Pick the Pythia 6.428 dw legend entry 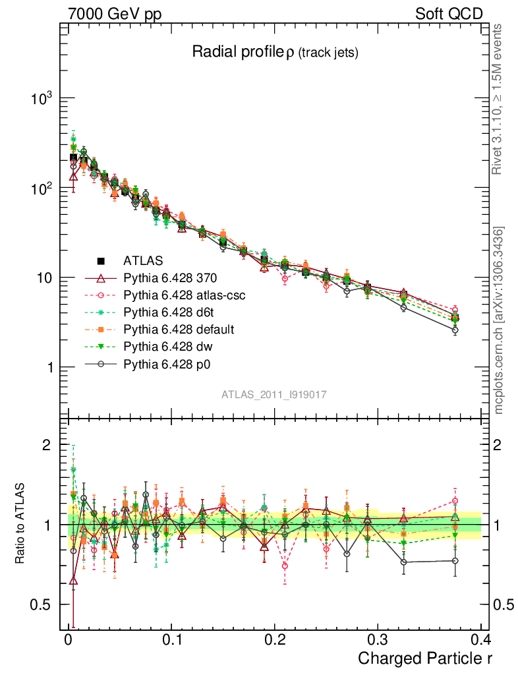tap(167, 346)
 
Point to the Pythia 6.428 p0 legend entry tap(167, 363)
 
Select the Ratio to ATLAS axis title tap(21, 524)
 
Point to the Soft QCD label tap(449, 14)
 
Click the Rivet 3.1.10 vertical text tap(498, 99)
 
